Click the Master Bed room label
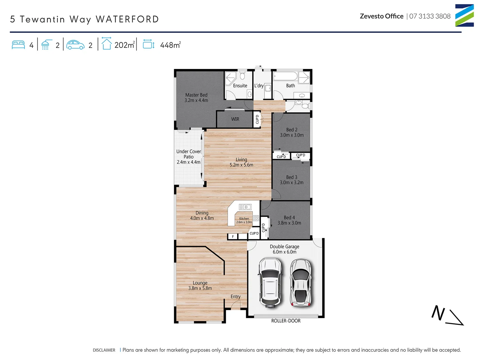(x=196, y=95)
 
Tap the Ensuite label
(x=240, y=86)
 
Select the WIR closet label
(x=235, y=119)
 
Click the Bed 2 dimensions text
(x=292, y=135)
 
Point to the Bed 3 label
(x=291, y=177)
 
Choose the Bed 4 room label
(x=289, y=218)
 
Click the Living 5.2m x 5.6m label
(x=241, y=162)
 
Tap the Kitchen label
(x=244, y=219)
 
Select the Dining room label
(x=202, y=213)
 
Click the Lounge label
(x=200, y=283)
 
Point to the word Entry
(x=235, y=297)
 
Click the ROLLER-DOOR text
(x=286, y=321)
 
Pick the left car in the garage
(x=270, y=283)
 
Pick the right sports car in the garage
(x=301, y=283)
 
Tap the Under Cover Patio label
(x=189, y=154)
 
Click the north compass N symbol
(x=438, y=313)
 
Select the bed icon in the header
(x=18, y=45)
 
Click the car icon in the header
(x=75, y=45)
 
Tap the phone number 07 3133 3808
(x=430, y=16)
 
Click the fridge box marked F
(x=233, y=237)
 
